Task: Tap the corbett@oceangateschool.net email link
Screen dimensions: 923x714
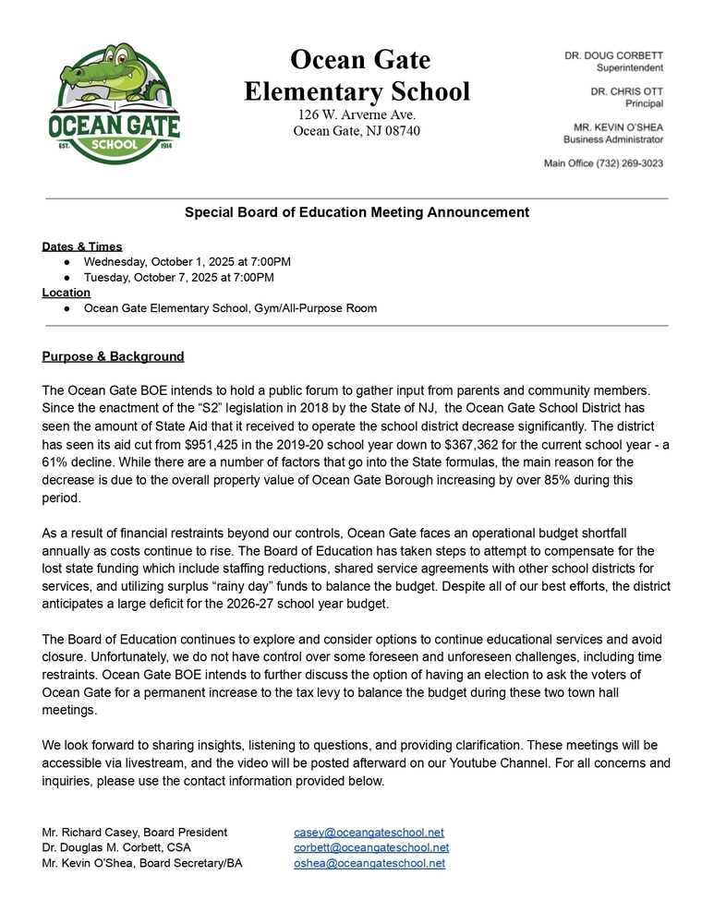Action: pyautogui.click(x=371, y=847)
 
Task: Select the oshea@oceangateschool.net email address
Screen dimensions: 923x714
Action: pyautogui.click(x=369, y=863)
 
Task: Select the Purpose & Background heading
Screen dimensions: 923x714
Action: pyautogui.click(x=113, y=356)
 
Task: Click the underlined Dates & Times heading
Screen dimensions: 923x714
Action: pyautogui.click(x=82, y=246)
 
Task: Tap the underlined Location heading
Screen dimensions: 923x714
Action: pyautogui.click(x=67, y=293)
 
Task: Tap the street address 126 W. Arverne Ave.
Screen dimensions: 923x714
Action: pyautogui.click(x=357, y=114)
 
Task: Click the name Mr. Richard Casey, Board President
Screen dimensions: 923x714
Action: pyautogui.click(x=135, y=833)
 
